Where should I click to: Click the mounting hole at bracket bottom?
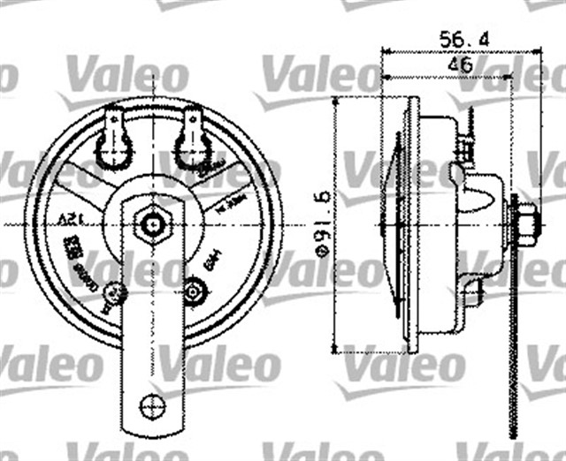pos(152,406)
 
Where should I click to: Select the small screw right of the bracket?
pos(196,289)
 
